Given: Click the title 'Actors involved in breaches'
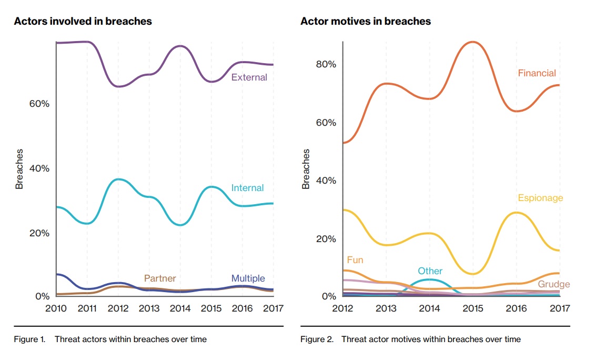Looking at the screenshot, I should [x=83, y=22].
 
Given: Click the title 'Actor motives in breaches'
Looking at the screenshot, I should [x=365, y=22].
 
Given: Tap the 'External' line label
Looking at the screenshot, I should [x=249, y=77].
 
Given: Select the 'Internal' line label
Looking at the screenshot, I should [x=247, y=188].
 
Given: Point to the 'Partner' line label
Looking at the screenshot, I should [x=160, y=278].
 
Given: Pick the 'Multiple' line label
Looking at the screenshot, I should [x=248, y=278].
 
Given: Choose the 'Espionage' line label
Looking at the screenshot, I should [x=540, y=198].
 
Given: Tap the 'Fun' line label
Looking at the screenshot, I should [x=355, y=260].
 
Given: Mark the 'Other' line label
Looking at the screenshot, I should [x=430, y=271].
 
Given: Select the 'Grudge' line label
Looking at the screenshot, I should [x=553, y=284].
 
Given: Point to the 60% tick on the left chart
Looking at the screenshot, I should [x=38, y=104].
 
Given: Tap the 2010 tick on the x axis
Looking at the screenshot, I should [x=56, y=308].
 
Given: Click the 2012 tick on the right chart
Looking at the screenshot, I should [x=343, y=308].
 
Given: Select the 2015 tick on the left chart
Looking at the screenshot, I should [x=211, y=308].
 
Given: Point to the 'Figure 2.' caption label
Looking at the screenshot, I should [x=317, y=339].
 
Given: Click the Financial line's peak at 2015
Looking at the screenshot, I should [x=472, y=42].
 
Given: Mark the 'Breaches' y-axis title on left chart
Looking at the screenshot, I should [x=19, y=169].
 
